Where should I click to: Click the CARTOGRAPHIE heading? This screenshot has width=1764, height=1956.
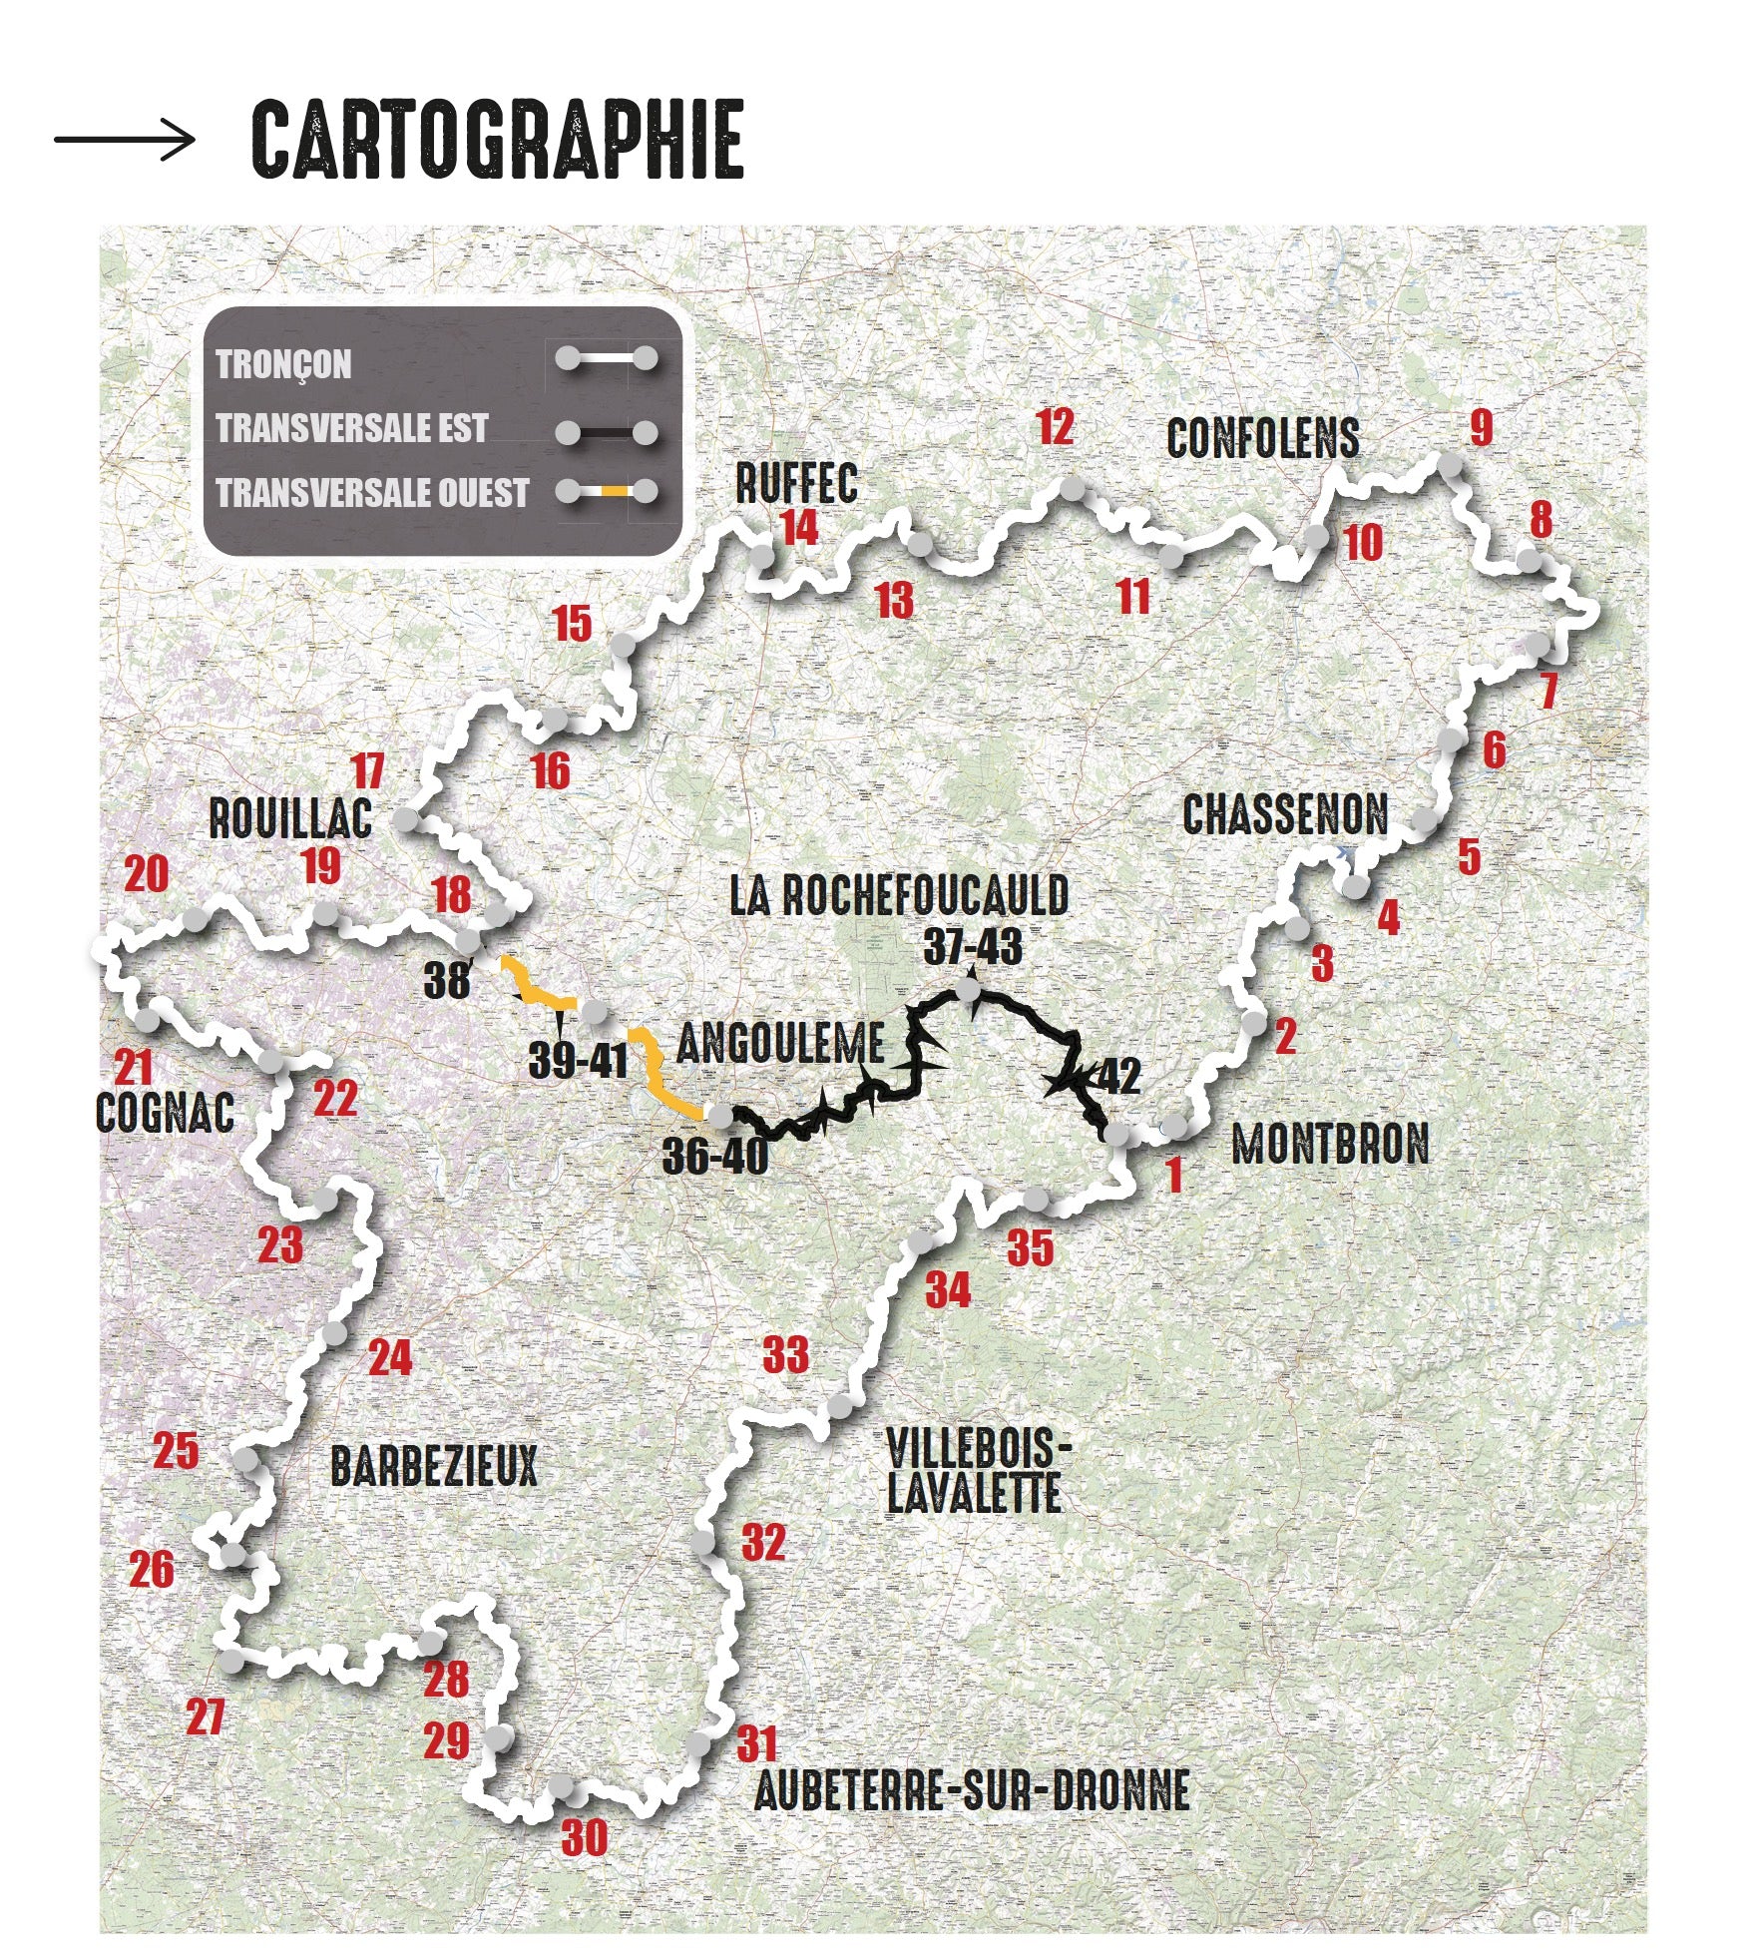coord(497,140)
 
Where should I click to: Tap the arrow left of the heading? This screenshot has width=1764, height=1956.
coord(125,139)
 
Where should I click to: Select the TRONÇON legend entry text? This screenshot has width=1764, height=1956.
coord(284,364)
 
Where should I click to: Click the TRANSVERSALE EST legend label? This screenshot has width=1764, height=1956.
coord(352,429)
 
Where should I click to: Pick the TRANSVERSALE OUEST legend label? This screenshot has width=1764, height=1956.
coord(372,493)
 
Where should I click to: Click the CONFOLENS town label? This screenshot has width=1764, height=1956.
coord(1262,438)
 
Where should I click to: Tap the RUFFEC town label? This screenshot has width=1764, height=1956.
coord(796,484)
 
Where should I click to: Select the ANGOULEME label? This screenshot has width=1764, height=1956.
coord(780,1044)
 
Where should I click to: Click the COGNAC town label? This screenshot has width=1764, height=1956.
coord(165,1112)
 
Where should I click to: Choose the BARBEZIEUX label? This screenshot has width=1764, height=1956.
coord(433,1466)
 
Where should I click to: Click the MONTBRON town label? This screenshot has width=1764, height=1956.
coord(1330,1144)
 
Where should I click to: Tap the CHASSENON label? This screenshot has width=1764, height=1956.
coord(1285,815)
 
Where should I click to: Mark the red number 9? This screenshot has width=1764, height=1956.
coord(1481,428)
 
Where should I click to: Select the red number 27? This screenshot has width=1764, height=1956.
coord(206,1717)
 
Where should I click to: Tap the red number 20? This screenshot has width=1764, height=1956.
coord(147,875)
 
